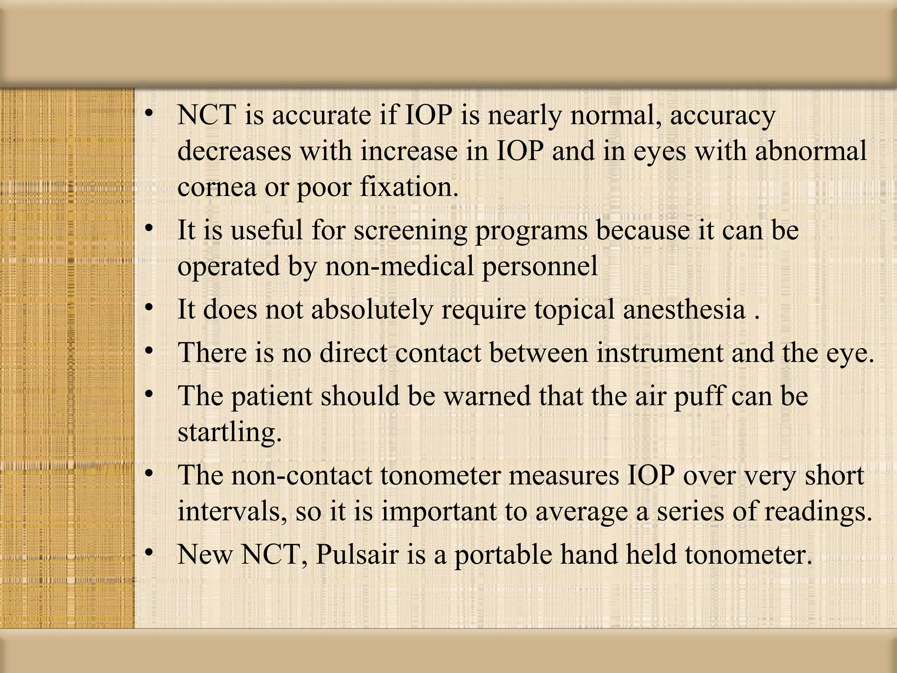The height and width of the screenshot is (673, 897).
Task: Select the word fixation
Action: (x=409, y=187)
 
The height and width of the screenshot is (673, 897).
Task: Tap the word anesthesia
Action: (x=684, y=309)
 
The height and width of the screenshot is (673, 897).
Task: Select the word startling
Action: (x=229, y=432)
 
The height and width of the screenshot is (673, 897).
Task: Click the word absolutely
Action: (x=371, y=310)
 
